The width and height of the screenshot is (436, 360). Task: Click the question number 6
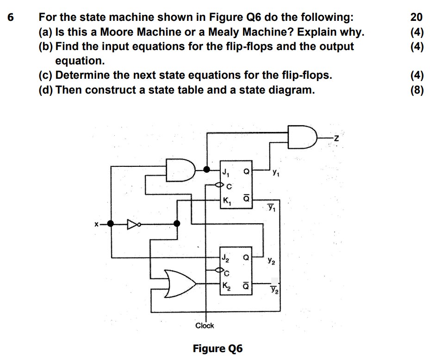click(x=11, y=18)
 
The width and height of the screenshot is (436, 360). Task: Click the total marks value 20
click(x=416, y=18)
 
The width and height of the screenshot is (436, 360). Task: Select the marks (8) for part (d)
click(x=417, y=89)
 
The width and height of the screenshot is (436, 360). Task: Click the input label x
click(x=96, y=224)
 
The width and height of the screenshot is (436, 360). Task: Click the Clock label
click(x=205, y=325)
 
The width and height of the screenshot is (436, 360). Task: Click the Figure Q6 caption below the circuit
click(x=218, y=348)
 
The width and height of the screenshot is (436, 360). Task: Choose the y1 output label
click(x=276, y=174)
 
